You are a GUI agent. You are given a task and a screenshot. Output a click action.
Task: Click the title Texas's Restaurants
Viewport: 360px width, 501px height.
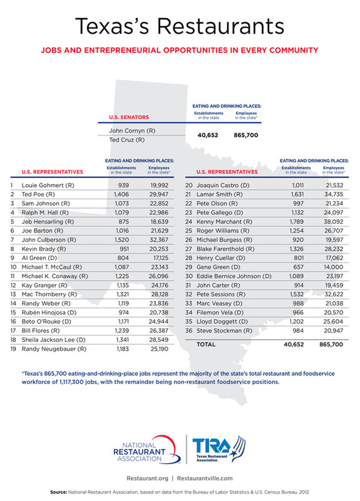click(180, 26)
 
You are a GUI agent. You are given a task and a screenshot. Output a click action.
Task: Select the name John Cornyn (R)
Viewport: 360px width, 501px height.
click(132, 130)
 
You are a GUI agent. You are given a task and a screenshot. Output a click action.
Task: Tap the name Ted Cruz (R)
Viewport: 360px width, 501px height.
click(127, 140)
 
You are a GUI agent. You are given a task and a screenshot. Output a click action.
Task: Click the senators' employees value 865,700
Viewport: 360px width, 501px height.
click(246, 135)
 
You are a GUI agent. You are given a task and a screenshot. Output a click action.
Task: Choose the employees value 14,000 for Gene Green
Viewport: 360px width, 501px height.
click(333, 267)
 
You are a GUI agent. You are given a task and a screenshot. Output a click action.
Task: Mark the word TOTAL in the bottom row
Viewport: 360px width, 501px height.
click(206, 345)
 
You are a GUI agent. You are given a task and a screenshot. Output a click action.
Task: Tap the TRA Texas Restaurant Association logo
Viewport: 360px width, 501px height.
click(218, 449)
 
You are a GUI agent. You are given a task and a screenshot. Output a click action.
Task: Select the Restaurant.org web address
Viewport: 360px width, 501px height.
click(147, 478)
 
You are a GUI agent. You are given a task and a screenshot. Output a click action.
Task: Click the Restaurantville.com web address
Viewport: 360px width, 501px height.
click(205, 478)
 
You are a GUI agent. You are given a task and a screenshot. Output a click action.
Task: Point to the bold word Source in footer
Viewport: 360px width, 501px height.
click(58, 492)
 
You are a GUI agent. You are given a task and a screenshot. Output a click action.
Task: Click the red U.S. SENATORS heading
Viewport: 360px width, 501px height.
click(129, 117)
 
